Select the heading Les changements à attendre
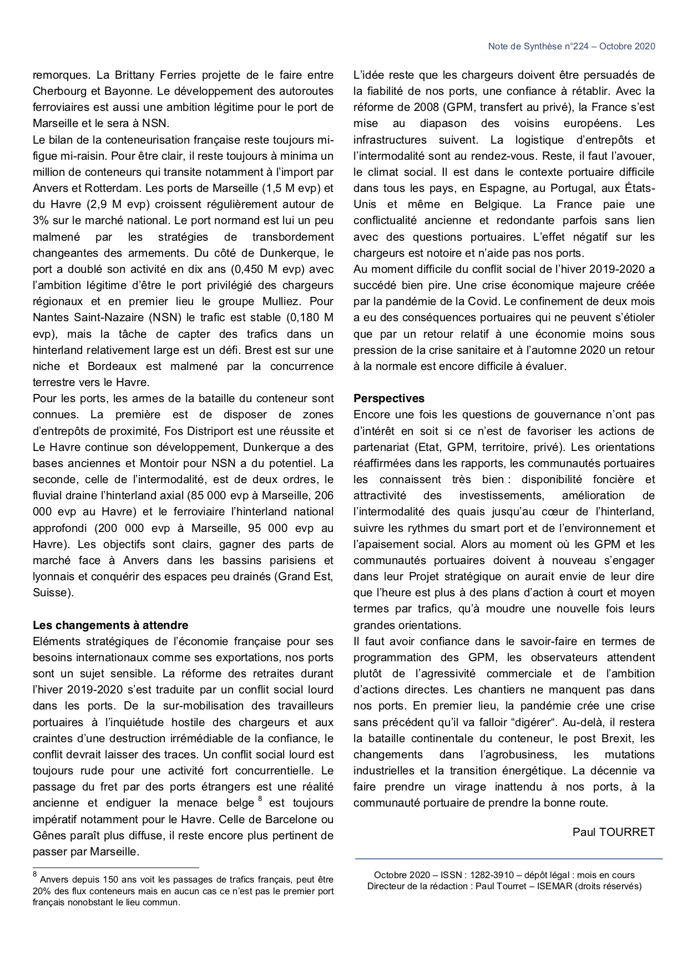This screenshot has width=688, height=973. click(110, 625)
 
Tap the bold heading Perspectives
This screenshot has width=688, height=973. click(388, 398)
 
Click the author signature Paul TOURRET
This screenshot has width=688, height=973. click(614, 832)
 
